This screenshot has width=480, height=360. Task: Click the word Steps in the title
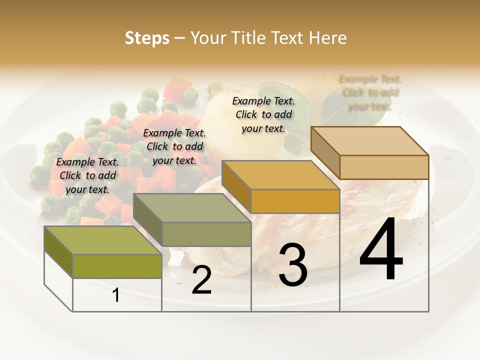pyautogui.click(x=146, y=38)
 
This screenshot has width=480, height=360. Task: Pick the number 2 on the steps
pyautogui.click(x=201, y=280)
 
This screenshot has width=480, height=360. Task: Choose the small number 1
pyautogui.click(x=116, y=295)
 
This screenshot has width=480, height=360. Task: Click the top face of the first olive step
pyautogui.click(x=102, y=240)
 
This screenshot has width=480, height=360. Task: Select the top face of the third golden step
pyautogui.click(x=280, y=175)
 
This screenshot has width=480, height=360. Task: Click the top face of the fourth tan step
pyautogui.click(x=369, y=141)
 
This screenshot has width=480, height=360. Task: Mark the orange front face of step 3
pyautogui.click(x=295, y=201)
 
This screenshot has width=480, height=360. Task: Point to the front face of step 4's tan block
pyautogui.click(x=384, y=167)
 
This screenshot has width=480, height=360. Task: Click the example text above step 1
pyautogui.click(x=87, y=175)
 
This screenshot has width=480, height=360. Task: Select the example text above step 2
pyautogui.click(x=174, y=146)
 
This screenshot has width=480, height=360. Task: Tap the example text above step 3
pyautogui.click(x=263, y=114)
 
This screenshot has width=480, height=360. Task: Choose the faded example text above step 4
pyautogui.click(x=370, y=92)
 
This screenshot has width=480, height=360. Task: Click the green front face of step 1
pyautogui.click(x=117, y=266)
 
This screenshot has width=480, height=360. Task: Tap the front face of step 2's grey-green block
pyautogui.click(x=206, y=234)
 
